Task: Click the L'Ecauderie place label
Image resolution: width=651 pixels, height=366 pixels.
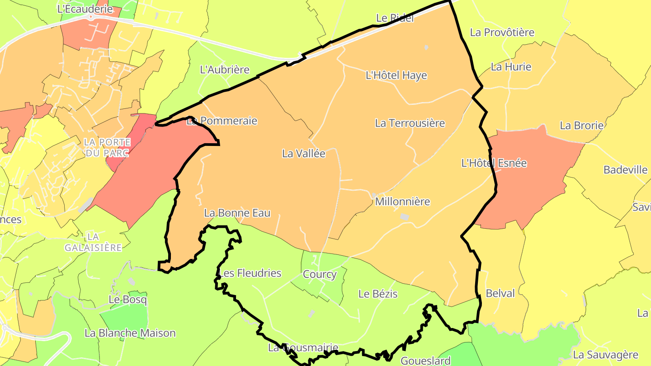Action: [85, 8]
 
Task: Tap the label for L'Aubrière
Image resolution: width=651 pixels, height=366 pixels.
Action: [225, 70]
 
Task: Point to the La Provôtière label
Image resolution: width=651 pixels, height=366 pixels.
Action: [502, 33]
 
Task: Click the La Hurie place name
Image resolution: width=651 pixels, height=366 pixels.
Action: [511, 67]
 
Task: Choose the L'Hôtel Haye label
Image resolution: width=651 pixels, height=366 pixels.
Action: [396, 75]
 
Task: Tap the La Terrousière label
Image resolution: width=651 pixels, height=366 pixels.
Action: [410, 123]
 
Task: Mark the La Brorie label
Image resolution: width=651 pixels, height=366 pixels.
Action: [581, 126]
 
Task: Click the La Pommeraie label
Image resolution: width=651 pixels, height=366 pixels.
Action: [222, 121]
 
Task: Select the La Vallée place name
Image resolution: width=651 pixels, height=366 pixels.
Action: [303, 154]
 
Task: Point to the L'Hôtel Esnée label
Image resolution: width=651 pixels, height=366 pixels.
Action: [494, 163]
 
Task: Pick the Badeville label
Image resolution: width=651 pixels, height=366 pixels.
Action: [625, 170]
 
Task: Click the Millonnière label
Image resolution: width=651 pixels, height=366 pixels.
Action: [402, 202]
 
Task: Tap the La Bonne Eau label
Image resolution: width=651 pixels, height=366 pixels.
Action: [237, 213]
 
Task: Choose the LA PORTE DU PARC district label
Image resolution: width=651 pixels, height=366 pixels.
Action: [107, 147]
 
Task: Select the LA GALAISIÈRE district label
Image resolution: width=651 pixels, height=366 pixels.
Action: [93, 242]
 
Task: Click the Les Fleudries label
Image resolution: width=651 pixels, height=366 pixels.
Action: [250, 273]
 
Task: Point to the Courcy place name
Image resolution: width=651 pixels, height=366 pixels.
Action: [320, 274]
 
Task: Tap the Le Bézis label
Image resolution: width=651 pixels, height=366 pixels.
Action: [378, 294]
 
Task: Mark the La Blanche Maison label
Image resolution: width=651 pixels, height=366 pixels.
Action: [130, 333]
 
